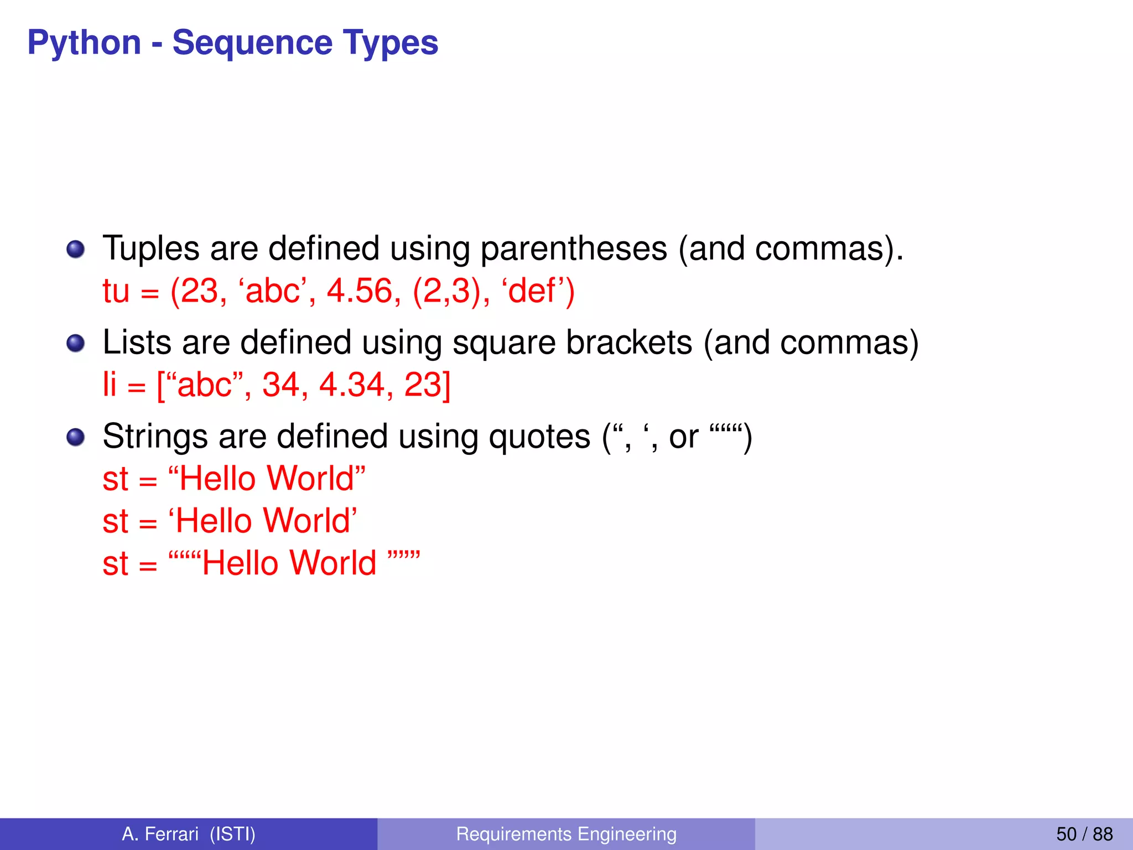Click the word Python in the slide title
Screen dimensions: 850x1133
tap(84, 43)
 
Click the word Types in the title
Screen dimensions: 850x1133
tap(390, 43)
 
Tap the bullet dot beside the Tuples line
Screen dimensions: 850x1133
tap(76, 249)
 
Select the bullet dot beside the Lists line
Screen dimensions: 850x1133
tap(76, 343)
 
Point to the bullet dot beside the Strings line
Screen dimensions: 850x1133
tap(76, 437)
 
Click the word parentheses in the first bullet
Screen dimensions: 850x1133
tap(574, 249)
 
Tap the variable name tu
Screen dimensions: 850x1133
tap(116, 291)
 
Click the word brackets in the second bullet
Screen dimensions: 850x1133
tap(629, 343)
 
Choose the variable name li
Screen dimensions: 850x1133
tap(110, 385)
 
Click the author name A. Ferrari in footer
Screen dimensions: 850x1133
tap(160, 834)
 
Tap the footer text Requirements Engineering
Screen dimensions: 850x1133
tap(566, 834)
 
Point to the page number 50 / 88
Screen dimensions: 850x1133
tap(1084, 834)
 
